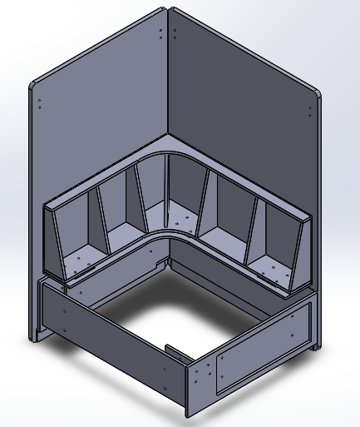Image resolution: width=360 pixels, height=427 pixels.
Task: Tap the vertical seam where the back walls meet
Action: coord(167,75)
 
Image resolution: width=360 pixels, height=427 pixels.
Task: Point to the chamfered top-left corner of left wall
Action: coord(34,84)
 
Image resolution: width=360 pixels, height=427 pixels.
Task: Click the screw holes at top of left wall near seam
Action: coord(160,33)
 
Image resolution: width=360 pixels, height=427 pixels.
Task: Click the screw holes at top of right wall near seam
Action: coord(175,34)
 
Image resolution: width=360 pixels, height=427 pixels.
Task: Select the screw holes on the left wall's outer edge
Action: coord(40,104)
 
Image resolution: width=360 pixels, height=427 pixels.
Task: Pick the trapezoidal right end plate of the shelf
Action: coord(300,258)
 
